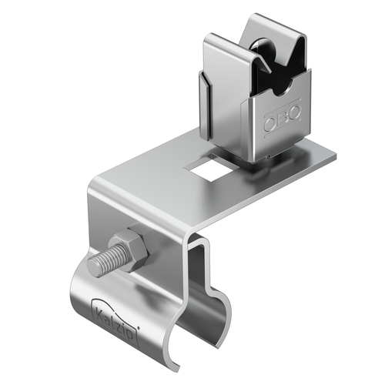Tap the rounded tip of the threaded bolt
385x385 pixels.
[93, 268]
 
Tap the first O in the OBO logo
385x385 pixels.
[269, 121]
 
